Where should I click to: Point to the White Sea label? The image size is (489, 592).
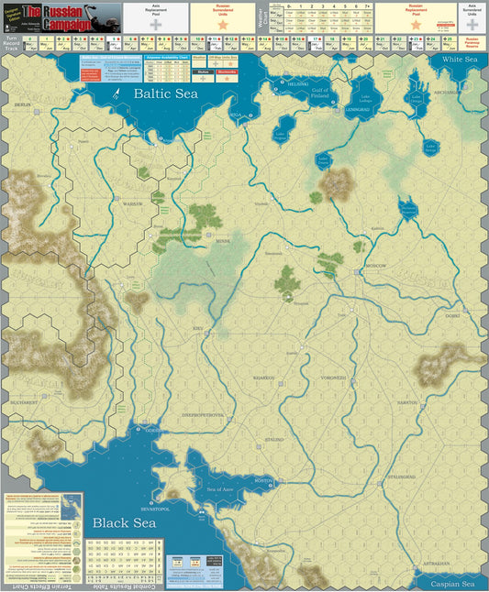coord(461,60)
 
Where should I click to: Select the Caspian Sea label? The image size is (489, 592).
coord(454,582)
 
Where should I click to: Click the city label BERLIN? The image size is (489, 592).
coord(22,107)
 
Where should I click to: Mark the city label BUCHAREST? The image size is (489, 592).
coord(30,401)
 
